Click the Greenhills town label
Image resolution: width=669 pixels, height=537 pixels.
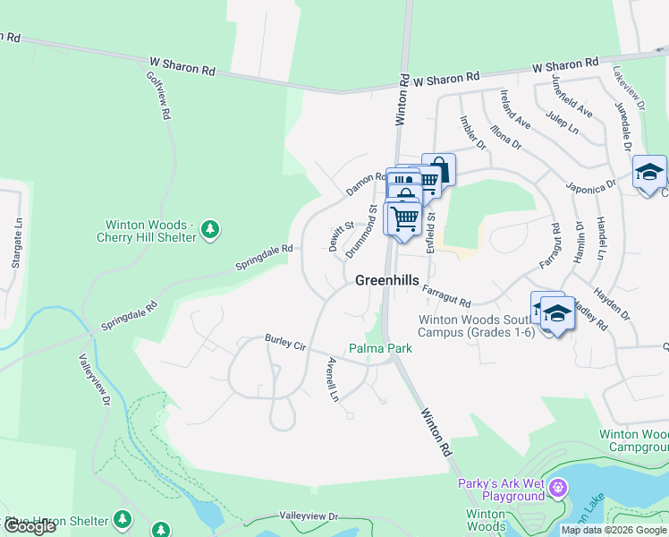tap(386, 280)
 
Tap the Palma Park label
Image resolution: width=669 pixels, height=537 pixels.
tap(380, 348)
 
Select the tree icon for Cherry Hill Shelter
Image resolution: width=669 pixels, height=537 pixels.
tap(210, 230)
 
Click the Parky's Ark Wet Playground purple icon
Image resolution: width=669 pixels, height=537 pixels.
tap(559, 489)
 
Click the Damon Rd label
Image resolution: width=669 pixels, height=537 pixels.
tap(365, 183)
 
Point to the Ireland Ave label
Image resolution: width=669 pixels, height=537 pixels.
tap(516, 110)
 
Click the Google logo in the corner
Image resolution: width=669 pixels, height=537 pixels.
tap(30, 527)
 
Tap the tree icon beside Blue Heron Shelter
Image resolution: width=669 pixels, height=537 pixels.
tap(122, 520)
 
